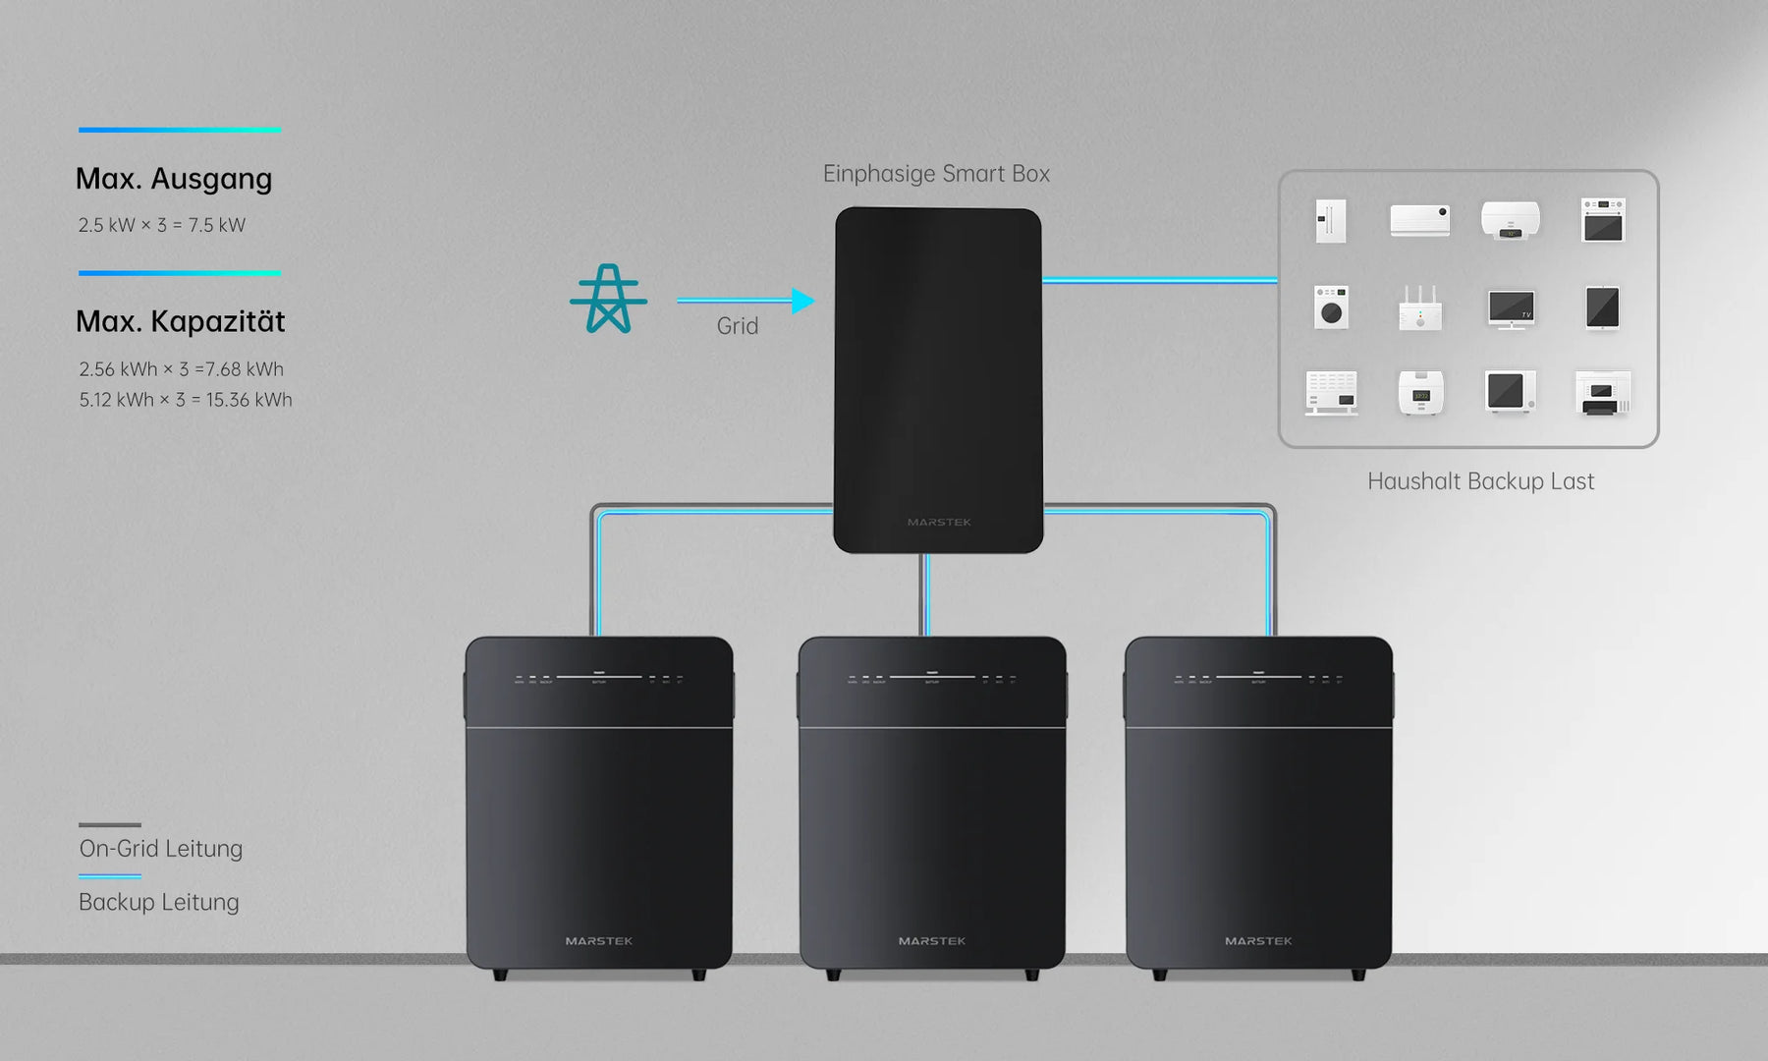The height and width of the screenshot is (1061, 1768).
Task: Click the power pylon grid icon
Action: tap(608, 299)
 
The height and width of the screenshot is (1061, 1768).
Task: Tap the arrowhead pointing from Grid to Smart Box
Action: tap(803, 301)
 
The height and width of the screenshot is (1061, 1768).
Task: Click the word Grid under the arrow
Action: tap(737, 326)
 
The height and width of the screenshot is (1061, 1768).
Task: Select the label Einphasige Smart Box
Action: tap(936, 174)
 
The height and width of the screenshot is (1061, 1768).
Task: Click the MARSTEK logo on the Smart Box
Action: tap(939, 523)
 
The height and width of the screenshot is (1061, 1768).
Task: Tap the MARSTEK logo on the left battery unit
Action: tap(599, 941)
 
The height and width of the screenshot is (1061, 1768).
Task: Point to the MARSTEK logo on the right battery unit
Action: tap(1258, 941)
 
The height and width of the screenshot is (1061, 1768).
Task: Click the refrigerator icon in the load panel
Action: tap(1331, 221)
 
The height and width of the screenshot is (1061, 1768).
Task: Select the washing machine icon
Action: tap(1331, 307)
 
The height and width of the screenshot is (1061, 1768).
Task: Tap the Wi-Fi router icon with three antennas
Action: tap(1420, 309)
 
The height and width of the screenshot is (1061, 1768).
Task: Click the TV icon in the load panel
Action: tap(1511, 308)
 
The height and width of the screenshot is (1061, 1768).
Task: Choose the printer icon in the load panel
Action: tap(1602, 393)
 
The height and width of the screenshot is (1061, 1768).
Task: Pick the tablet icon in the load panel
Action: tap(1602, 307)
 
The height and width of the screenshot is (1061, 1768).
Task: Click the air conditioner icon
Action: tap(1419, 220)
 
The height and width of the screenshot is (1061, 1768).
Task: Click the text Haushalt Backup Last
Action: tap(1480, 481)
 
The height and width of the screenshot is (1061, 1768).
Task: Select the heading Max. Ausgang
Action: tap(174, 179)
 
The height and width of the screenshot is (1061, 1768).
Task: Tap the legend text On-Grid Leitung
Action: tap(160, 849)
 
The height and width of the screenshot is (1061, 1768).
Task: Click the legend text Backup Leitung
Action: tap(158, 902)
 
